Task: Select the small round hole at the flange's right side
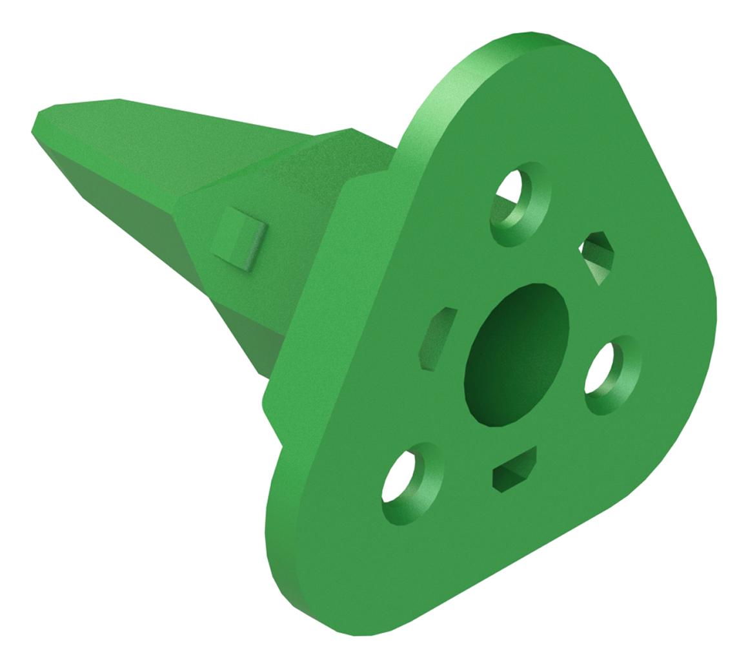tap(612, 373)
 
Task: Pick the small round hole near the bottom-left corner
tap(412, 483)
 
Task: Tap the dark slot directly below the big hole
tap(514, 470)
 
